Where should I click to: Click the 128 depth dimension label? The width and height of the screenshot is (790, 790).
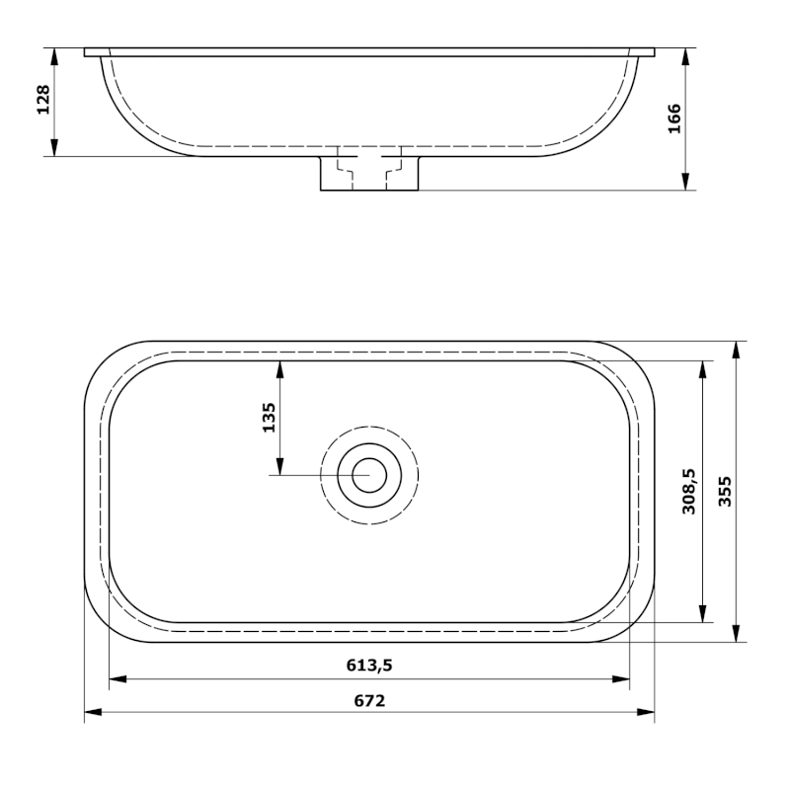(x=43, y=101)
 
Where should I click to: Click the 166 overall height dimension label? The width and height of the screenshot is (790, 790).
(x=674, y=118)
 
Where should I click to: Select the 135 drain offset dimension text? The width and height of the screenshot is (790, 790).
(x=268, y=419)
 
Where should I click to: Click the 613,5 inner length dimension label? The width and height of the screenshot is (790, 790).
(x=369, y=666)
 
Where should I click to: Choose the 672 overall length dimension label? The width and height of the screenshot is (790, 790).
(x=369, y=700)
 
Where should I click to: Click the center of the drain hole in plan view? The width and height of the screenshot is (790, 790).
(x=369, y=475)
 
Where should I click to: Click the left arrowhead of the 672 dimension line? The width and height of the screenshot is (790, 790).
(x=91, y=713)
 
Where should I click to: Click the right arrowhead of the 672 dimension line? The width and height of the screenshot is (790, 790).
(x=648, y=713)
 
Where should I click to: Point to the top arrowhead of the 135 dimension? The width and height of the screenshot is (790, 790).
(x=281, y=367)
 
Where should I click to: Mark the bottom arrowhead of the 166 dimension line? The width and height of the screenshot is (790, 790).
(x=684, y=183)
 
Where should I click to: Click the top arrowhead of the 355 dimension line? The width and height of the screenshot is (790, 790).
(x=737, y=349)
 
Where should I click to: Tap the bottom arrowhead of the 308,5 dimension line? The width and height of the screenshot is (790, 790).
(x=702, y=616)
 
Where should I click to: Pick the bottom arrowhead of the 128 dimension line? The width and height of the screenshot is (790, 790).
(x=55, y=149)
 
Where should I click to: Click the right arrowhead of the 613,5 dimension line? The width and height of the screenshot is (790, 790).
(x=623, y=678)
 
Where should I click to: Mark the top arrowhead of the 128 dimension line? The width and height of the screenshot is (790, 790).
(x=55, y=54)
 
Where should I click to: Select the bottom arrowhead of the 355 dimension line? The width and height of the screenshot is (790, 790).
(x=737, y=635)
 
